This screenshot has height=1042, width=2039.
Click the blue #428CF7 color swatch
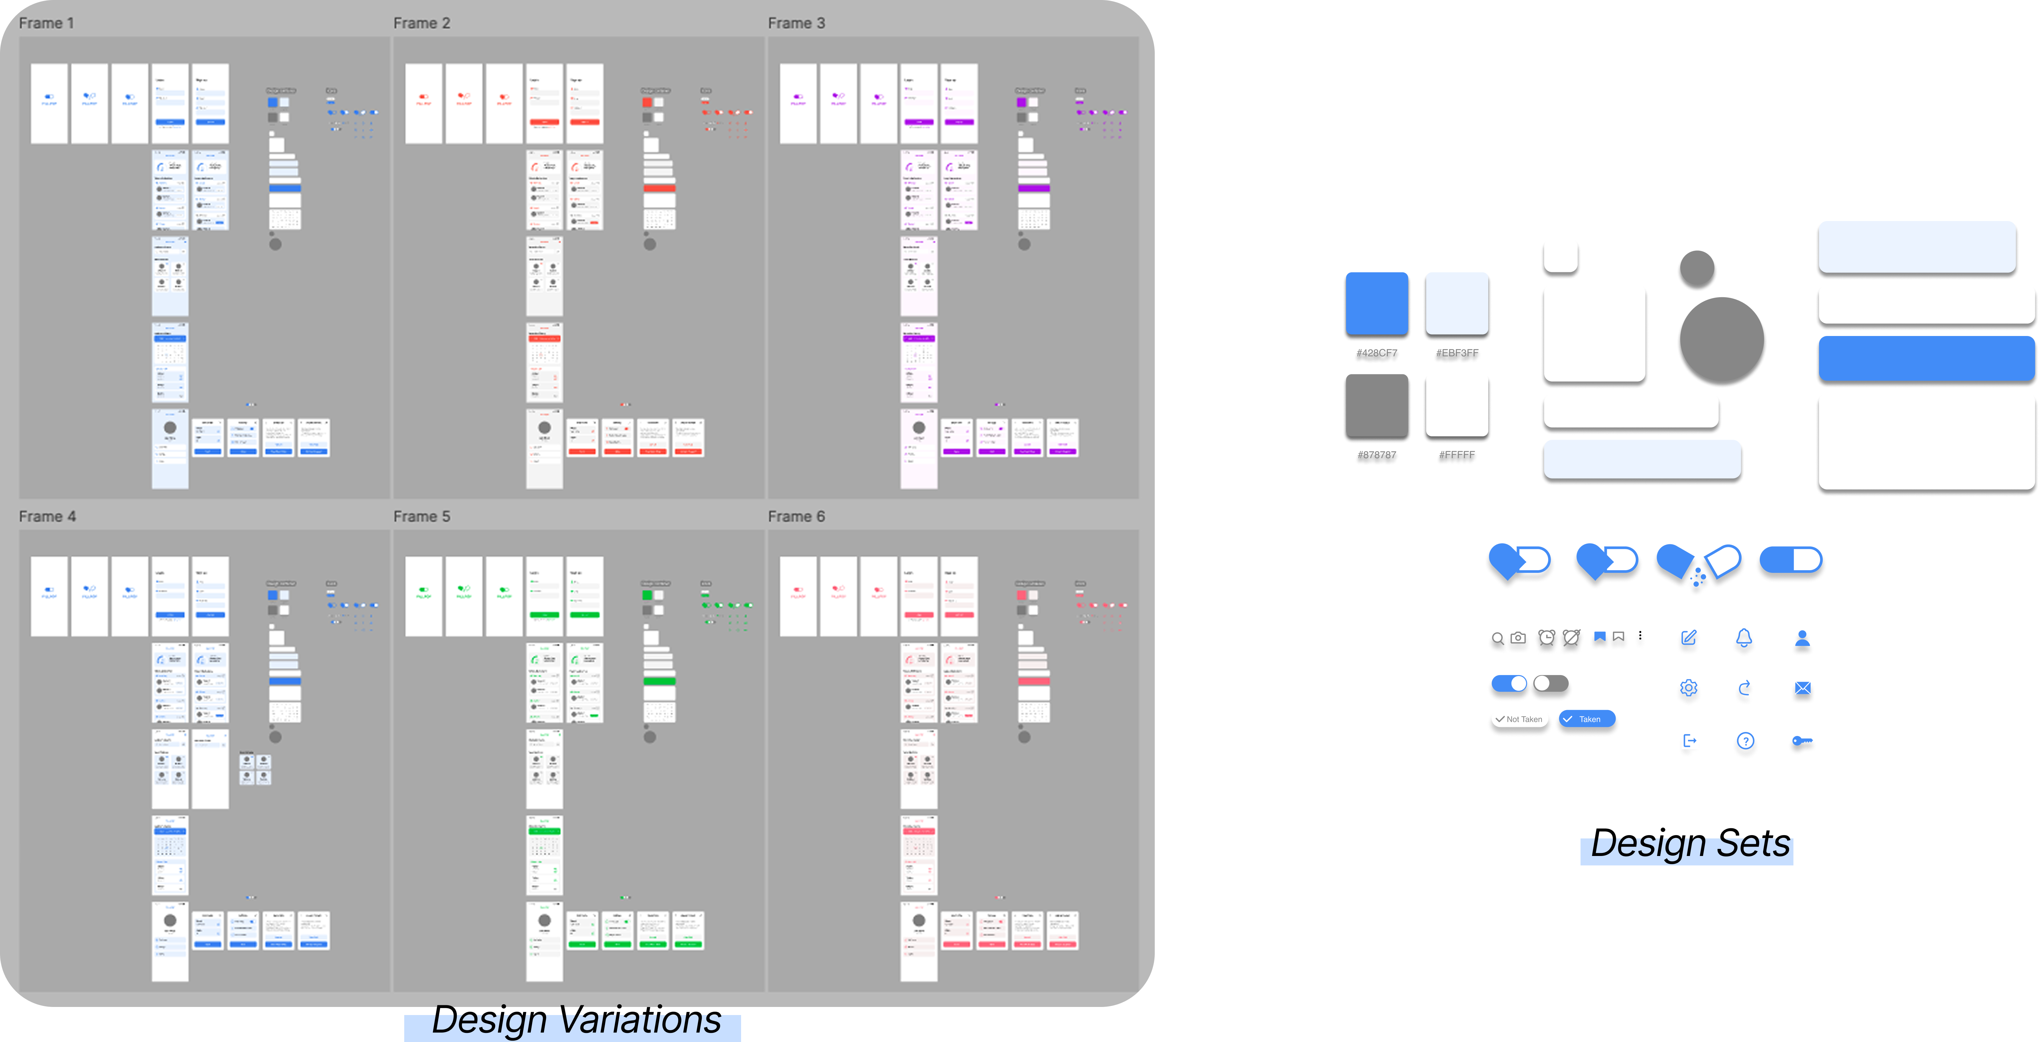click(x=1376, y=304)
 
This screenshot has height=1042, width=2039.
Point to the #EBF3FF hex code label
click(x=1457, y=354)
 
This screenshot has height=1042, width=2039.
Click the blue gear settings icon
click(x=1688, y=691)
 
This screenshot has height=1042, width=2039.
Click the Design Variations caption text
click(x=575, y=1021)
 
